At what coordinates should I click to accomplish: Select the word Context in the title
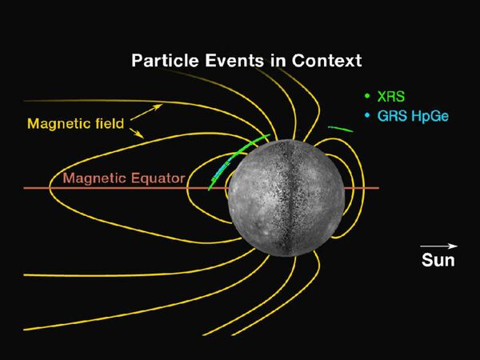click(x=329, y=61)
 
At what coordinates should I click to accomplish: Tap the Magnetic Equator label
click(x=124, y=178)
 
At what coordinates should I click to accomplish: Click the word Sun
click(x=438, y=259)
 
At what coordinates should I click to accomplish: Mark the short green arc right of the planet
click(x=340, y=128)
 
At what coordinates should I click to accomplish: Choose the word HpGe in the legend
click(x=428, y=117)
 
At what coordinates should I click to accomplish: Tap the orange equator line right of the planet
click(x=364, y=188)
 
